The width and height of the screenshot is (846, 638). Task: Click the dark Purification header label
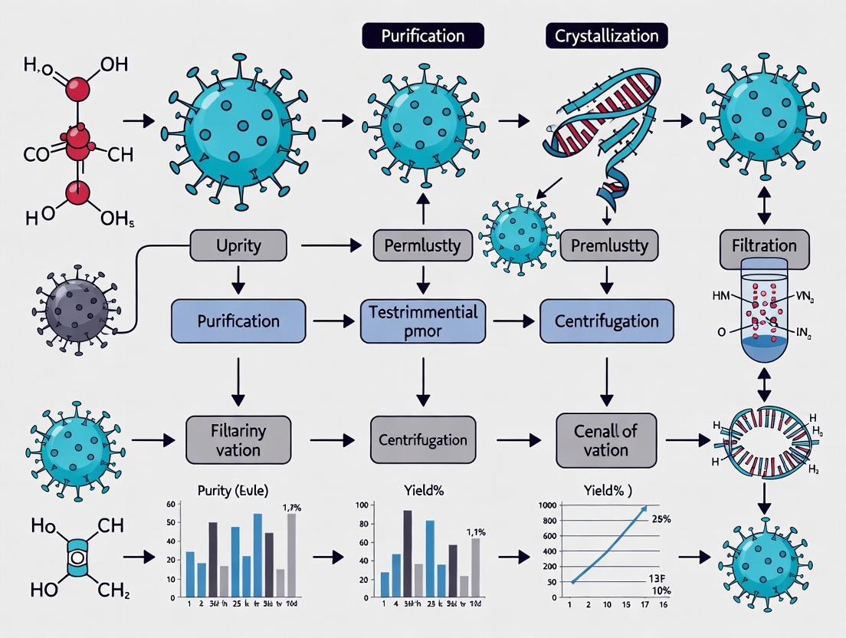pyautogui.click(x=422, y=35)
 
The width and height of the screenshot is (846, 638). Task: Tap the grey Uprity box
pyautogui.click(x=238, y=247)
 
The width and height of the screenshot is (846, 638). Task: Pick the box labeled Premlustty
pyautogui.click(x=609, y=247)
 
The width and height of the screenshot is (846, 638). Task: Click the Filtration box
pyautogui.click(x=764, y=247)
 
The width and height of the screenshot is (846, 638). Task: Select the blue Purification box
pyautogui.click(x=238, y=321)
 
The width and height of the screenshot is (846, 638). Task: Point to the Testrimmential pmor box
pyautogui.click(x=422, y=321)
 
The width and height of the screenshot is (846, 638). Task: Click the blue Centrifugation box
pyautogui.click(x=607, y=321)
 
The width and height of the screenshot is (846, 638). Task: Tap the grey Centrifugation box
pyautogui.click(x=422, y=440)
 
